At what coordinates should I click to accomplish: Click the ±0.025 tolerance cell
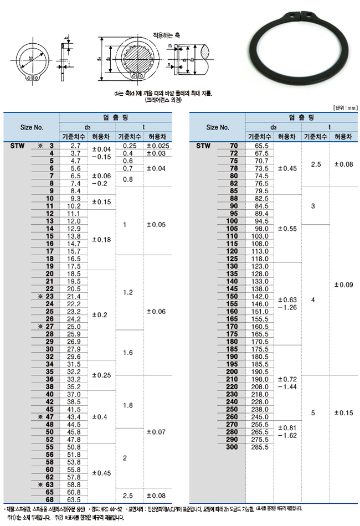(x=157, y=145)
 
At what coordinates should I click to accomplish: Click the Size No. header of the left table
(x=32, y=127)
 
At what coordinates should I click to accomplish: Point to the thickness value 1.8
(x=128, y=405)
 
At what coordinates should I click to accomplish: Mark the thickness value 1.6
(x=128, y=352)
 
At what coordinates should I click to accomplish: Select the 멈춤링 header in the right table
(x=301, y=117)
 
